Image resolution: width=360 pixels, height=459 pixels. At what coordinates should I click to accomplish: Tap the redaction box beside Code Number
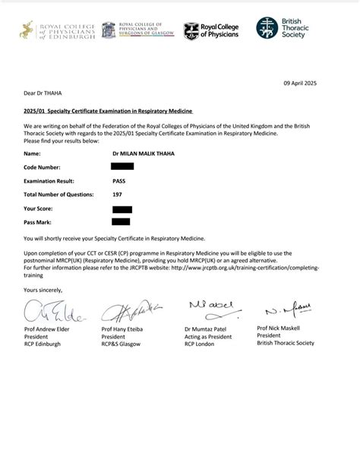(x=122, y=166)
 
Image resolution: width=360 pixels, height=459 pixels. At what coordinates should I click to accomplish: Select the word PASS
(x=119, y=181)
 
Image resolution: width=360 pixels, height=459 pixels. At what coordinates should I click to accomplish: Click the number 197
(x=117, y=194)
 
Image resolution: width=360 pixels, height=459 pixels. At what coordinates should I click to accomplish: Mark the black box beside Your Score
(x=122, y=209)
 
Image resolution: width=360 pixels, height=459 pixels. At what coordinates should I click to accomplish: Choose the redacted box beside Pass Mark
(x=121, y=222)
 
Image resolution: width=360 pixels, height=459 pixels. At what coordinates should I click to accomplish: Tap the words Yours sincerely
(x=43, y=290)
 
